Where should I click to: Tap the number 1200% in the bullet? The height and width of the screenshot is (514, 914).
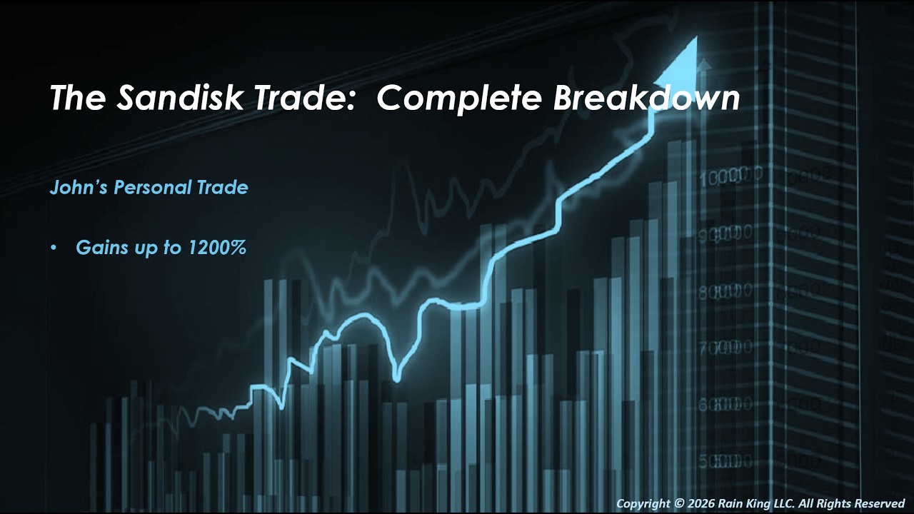[x=219, y=248]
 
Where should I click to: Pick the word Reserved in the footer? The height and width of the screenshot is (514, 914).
[x=879, y=504]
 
